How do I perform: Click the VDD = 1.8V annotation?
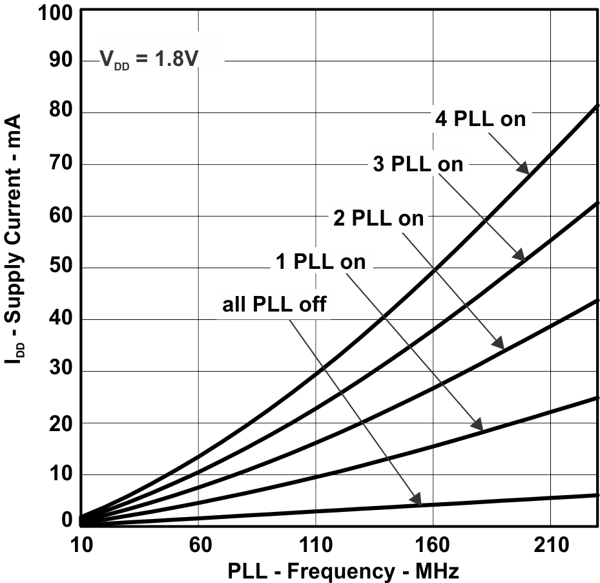click(x=148, y=60)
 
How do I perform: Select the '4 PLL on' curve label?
click(x=479, y=119)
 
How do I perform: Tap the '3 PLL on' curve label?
click(x=418, y=165)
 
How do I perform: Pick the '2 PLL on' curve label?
click(x=378, y=218)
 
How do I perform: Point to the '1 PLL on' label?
click(x=320, y=262)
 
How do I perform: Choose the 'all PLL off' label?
click(x=274, y=304)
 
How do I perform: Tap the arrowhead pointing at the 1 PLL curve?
click(x=478, y=426)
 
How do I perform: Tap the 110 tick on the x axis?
click(x=315, y=546)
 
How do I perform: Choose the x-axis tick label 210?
click(x=550, y=546)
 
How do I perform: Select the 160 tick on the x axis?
click(x=432, y=546)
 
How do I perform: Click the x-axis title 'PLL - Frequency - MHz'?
click(x=343, y=571)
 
